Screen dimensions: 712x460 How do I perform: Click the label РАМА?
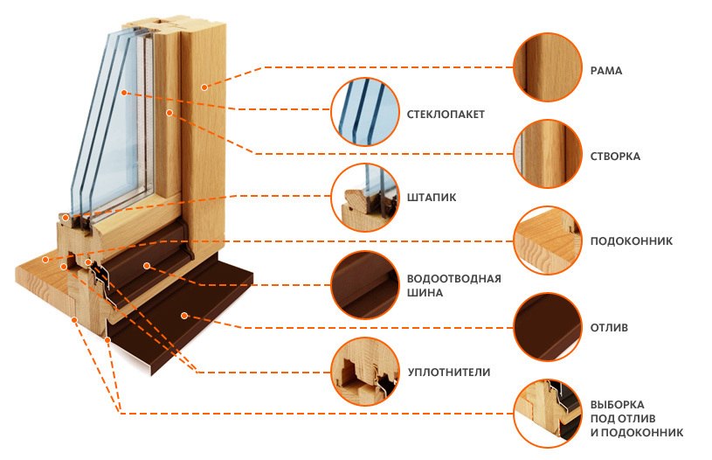click(x=605, y=71)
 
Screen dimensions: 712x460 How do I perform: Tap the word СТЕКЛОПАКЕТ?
click(x=446, y=115)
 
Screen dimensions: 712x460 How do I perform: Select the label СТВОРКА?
click(x=615, y=157)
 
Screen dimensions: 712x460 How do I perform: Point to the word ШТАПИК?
click(x=432, y=198)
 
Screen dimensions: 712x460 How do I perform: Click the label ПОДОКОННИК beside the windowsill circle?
click(x=631, y=241)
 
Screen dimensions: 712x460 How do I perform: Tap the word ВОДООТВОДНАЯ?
click(x=453, y=279)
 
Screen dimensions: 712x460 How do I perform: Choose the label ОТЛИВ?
click(x=609, y=328)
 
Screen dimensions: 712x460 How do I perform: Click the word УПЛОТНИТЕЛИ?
click(x=449, y=373)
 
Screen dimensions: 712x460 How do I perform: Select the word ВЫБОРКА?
click(x=617, y=405)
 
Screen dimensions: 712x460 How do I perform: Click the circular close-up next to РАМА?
click(x=548, y=67)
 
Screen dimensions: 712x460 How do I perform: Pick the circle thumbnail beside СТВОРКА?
click(x=548, y=154)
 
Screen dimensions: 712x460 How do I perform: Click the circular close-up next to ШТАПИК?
click(x=364, y=198)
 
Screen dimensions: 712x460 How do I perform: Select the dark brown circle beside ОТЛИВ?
click(x=548, y=327)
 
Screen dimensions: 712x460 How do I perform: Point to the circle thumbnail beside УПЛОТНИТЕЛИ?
click(x=364, y=372)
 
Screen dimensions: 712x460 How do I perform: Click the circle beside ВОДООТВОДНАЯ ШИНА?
click(x=364, y=285)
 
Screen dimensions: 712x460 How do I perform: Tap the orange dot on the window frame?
click(x=204, y=87)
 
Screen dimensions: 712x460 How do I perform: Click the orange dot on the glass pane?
click(x=124, y=93)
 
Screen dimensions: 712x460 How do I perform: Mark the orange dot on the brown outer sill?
click(x=184, y=316)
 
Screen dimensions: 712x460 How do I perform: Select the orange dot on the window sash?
click(x=169, y=112)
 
